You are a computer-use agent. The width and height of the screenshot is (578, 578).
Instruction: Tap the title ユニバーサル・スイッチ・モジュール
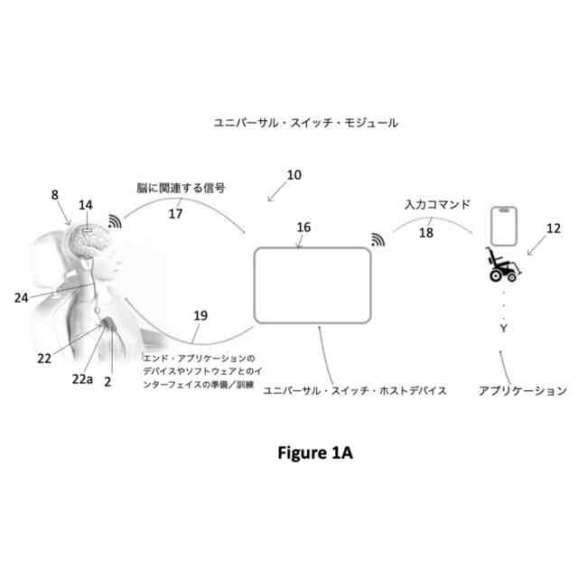pos(304,121)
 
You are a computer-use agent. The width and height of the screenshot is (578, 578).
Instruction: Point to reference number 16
pos(303,228)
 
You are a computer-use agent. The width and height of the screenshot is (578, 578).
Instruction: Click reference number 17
pos(176,215)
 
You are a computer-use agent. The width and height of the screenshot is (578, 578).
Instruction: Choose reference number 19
pos(200,316)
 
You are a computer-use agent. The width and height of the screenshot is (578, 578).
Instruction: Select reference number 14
pos(85,206)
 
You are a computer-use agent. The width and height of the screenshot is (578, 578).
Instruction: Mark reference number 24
pos(22,294)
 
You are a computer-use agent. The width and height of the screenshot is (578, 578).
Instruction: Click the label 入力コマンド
pos(437,205)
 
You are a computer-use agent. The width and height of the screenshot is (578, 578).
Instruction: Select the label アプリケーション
pos(522,391)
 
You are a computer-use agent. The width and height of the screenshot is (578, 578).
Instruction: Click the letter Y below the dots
pos(503,328)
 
